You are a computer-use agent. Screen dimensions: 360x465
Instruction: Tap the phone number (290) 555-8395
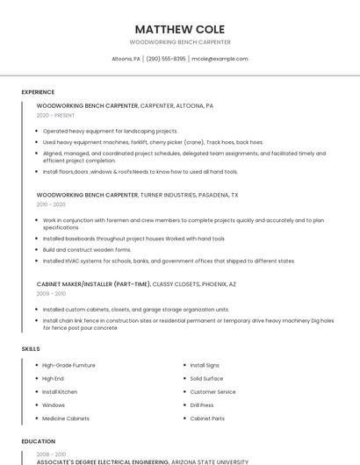[166, 59]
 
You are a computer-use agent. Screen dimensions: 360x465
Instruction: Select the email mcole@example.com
[220, 59]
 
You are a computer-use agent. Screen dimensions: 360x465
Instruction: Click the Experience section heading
[38, 92]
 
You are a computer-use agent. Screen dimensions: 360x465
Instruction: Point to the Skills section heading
[31, 349]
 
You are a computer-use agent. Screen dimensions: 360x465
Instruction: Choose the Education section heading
[38, 441]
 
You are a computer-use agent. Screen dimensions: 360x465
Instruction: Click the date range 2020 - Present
[56, 115]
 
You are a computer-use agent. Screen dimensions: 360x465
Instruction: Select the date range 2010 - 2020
[51, 204]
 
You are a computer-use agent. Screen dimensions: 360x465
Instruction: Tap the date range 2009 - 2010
[51, 294]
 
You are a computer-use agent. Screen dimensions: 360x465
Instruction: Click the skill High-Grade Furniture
[68, 365]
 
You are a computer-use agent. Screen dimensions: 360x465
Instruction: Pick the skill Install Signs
[205, 365]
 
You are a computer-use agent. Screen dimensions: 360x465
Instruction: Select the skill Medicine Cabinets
[66, 418]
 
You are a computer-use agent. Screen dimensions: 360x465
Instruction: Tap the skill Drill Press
[202, 405]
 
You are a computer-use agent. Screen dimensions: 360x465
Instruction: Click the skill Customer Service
[213, 392]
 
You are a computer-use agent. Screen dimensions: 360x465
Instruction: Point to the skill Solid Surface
[207, 378]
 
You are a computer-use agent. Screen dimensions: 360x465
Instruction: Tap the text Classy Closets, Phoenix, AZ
[194, 284]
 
